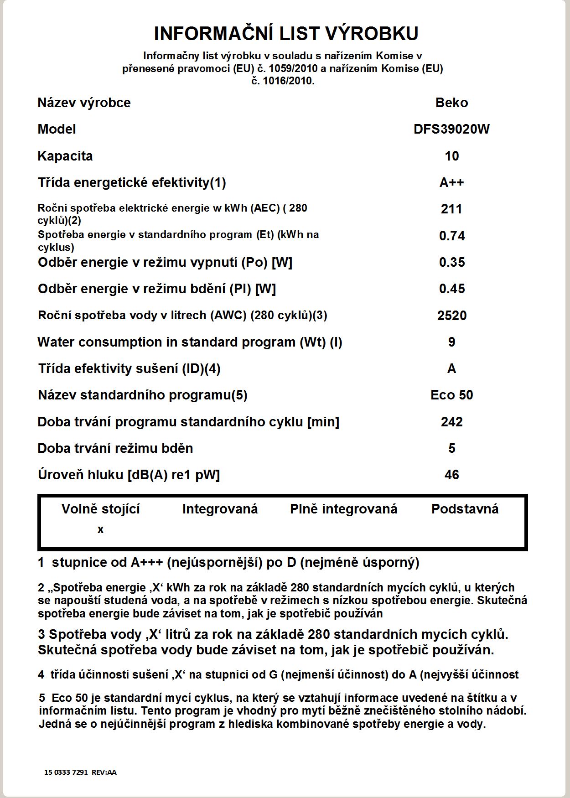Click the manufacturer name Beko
[451, 103]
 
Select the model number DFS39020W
[451, 129]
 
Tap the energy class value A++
[451, 182]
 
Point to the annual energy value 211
[451, 209]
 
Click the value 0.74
[451, 236]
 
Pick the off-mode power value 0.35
[451, 262]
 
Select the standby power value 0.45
[451, 289]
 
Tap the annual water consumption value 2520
[451, 316]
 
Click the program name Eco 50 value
[451, 395]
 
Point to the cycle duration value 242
[451, 422]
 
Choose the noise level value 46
[451, 475]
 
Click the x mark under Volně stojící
[100, 530]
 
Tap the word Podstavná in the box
[465, 509]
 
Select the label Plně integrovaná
[343, 509]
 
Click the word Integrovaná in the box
[220, 509]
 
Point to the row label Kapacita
[65, 156]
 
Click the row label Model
[57, 129]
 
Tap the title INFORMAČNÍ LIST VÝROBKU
[286, 34]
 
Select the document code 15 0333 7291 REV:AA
[80, 772]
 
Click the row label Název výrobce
[84, 103]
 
